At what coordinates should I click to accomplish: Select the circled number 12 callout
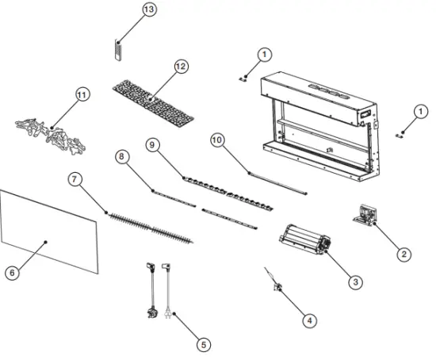(181, 67)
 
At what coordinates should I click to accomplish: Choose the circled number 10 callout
(217, 138)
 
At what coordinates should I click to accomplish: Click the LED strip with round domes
(222, 190)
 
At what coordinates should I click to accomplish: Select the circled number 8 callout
(121, 158)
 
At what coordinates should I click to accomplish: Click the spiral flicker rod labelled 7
(151, 226)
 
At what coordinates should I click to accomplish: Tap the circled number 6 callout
(11, 272)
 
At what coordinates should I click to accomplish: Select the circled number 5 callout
(204, 344)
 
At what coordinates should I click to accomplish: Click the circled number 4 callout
(309, 320)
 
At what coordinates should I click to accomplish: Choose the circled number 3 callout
(355, 280)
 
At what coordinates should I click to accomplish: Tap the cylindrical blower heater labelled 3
(303, 239)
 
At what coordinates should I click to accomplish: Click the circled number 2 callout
(404, 254)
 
